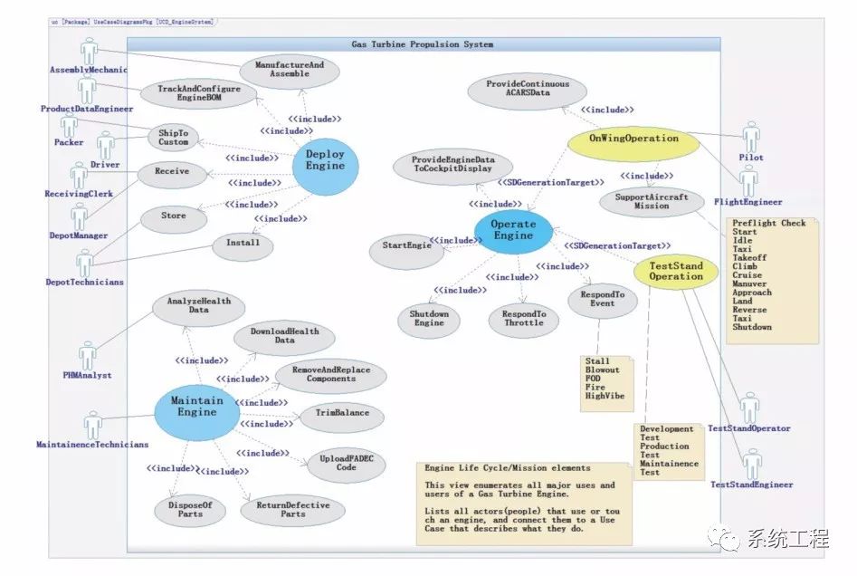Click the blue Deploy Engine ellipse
(x=325, y=161)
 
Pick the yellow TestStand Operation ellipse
(x=675, y=271)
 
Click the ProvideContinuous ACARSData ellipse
(x=528, y=89)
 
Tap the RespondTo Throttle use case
(x=523, y=318)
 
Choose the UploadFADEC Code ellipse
(x=347, y=464)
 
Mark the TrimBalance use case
(x=341, y=414)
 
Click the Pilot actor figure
(x=750, y=138)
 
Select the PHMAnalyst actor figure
(x=88, y=356)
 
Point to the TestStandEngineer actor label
(x=751, y=485)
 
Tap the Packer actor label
(x=69, y=143)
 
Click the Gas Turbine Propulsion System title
(x=422, y=44)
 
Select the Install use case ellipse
(x=242, y=243)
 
